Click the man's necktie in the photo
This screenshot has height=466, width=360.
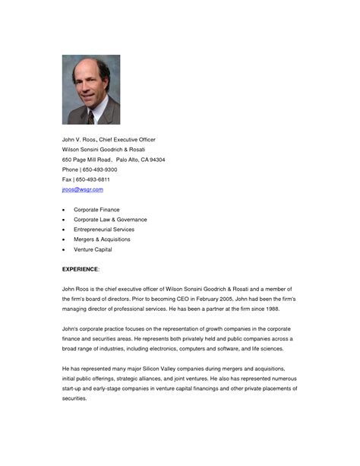point(90,116)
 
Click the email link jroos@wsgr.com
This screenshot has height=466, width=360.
point(82,189)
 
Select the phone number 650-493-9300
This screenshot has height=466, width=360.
point(99,170)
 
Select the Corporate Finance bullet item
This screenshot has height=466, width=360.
point(96,209)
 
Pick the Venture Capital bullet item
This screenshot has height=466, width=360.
point(93,249)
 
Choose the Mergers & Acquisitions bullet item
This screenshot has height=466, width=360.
point(102,239)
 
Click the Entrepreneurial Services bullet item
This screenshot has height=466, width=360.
point(104,229)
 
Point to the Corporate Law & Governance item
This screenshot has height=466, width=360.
point(110,219)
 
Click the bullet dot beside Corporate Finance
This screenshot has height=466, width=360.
point(64,209)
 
